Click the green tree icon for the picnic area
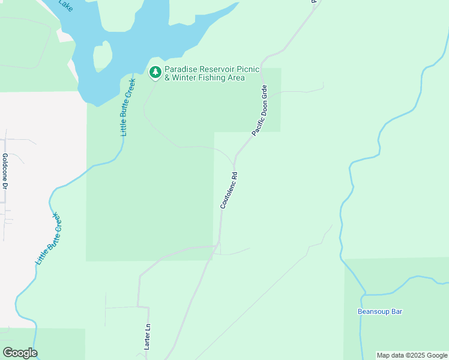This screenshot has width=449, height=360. pyautogui.click(x=155, y=73)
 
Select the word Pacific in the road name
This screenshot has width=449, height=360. pyautogui.click(x=256, y=125)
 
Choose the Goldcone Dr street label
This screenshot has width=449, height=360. pyautogui.click(x=5, y=173)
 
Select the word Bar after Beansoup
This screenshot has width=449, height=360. pyautogui.click(x=396, y=311)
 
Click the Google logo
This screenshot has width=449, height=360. pyautogui.click(x=20, y=353)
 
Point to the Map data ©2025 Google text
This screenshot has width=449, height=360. pyautogui.click(x=412, y=355)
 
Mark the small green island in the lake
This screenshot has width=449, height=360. pyautogui.click(x=103, y=57)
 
